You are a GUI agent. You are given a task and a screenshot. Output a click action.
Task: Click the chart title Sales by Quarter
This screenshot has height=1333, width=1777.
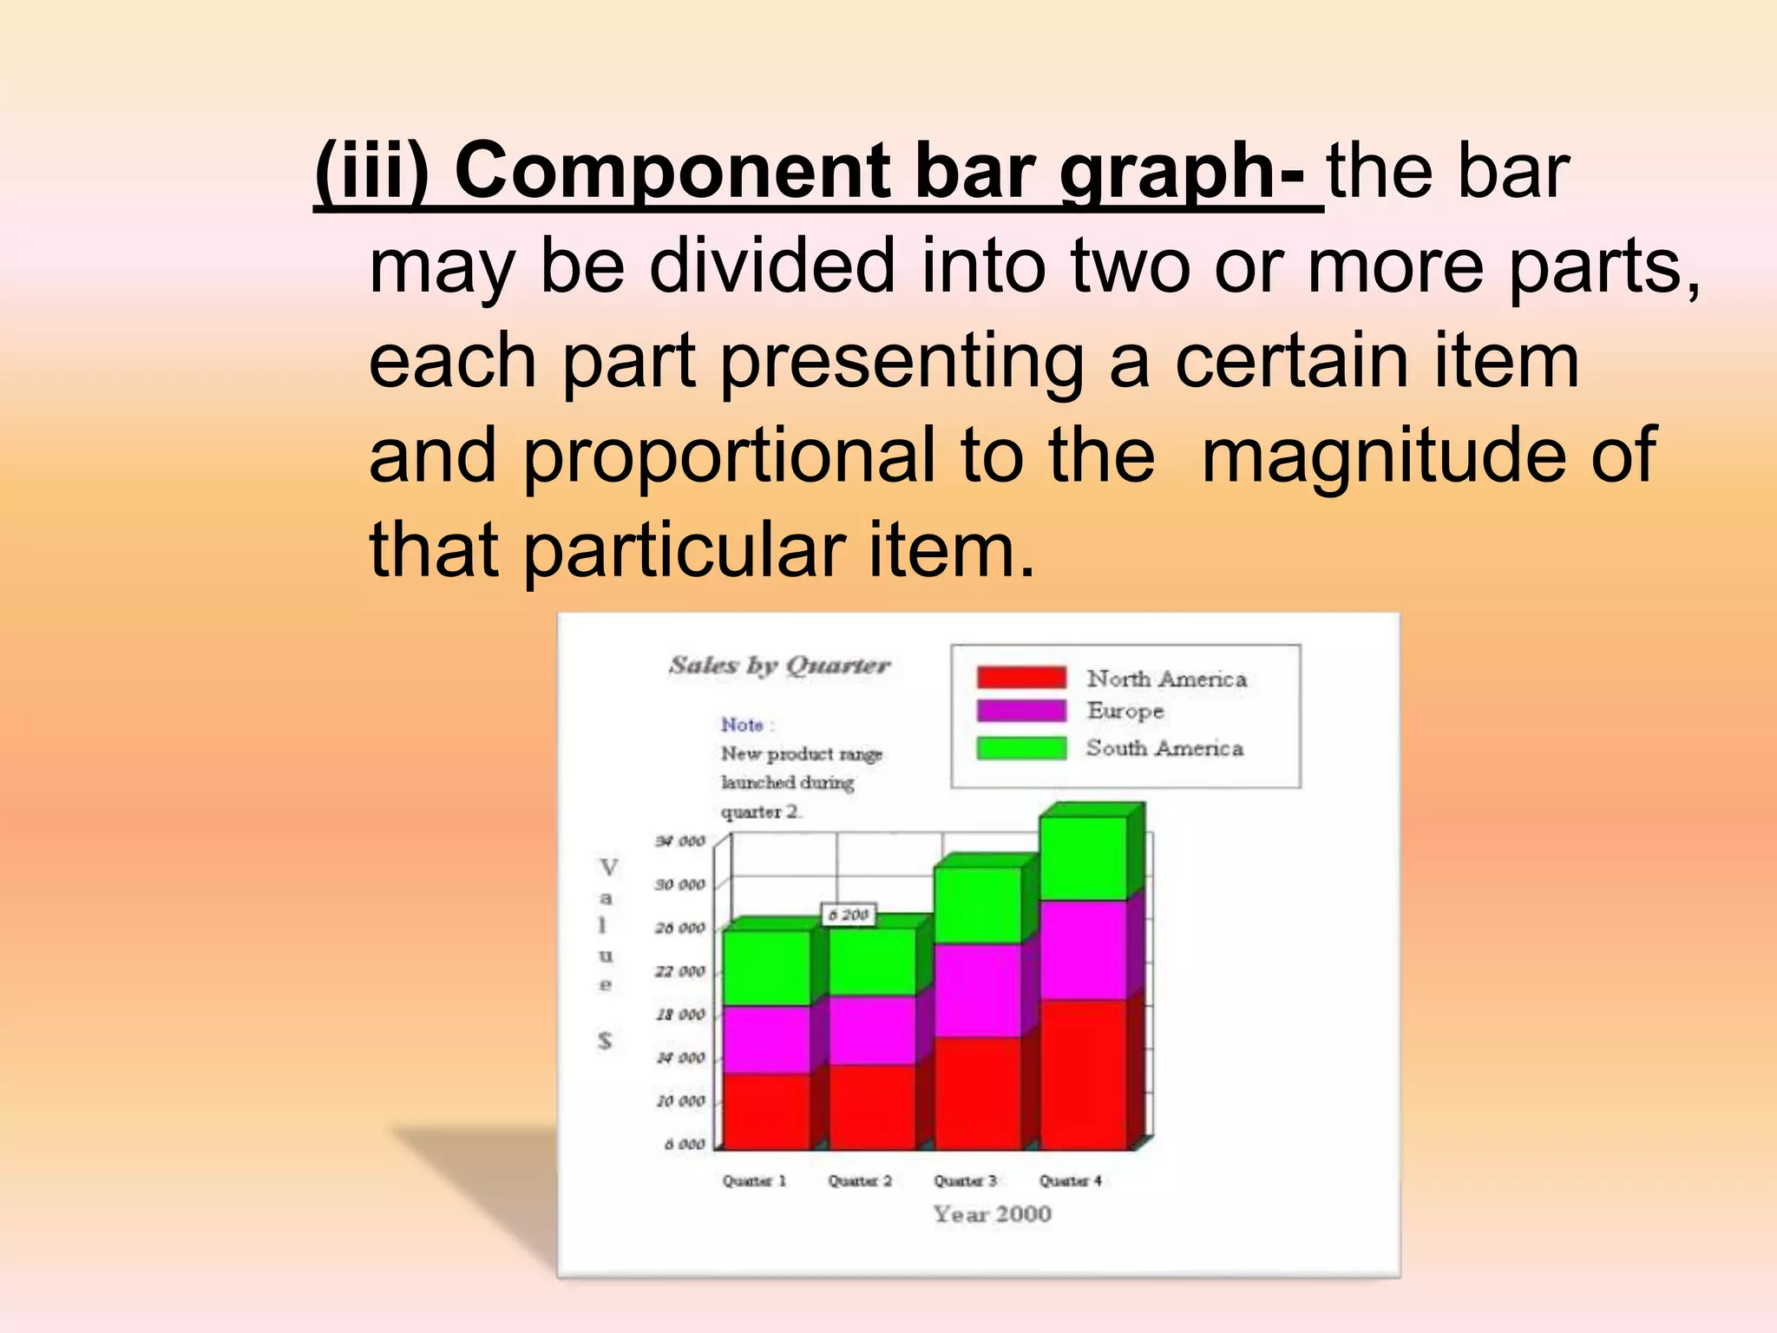(x=779, y=665)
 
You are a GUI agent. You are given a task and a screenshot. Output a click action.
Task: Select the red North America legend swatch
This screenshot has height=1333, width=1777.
(x=1020, y=677)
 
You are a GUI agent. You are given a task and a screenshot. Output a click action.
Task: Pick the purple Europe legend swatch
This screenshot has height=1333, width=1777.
(x=1020, y=711)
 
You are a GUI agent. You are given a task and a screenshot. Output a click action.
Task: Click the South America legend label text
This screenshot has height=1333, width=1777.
(x=1164, y=748)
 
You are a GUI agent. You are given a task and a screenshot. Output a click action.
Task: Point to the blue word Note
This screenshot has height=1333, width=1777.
(x=743, y=725)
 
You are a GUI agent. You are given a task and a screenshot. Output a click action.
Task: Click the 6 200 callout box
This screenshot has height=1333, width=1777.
(x=849, y=915)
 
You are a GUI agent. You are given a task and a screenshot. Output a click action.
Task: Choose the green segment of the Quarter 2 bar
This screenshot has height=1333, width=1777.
(x=871, y=962)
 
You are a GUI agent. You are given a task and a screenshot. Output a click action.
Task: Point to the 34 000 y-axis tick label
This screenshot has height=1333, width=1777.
(x=680, y=841)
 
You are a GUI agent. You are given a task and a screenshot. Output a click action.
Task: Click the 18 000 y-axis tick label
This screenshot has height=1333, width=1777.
(x=680, y=1015)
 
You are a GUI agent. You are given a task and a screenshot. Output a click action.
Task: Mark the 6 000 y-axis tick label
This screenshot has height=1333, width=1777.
(x=685, y=1145)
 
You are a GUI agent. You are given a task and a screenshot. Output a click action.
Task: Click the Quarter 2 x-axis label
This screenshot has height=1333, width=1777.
(x=860, y=1181)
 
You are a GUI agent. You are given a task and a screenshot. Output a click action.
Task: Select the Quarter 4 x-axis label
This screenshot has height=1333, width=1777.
(x=1071, y=1181)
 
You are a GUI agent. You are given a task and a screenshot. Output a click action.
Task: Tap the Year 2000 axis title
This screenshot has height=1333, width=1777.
(x=992, y=1214)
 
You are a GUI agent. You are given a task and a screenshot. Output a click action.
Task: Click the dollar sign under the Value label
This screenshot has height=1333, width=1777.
(x=605, y=1041)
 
